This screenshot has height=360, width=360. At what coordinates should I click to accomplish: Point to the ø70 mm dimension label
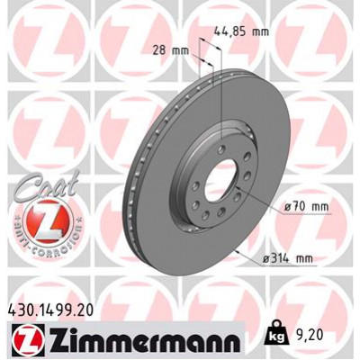(x=302, y=208)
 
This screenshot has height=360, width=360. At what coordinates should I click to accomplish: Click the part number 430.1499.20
(x=55, y=309)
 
